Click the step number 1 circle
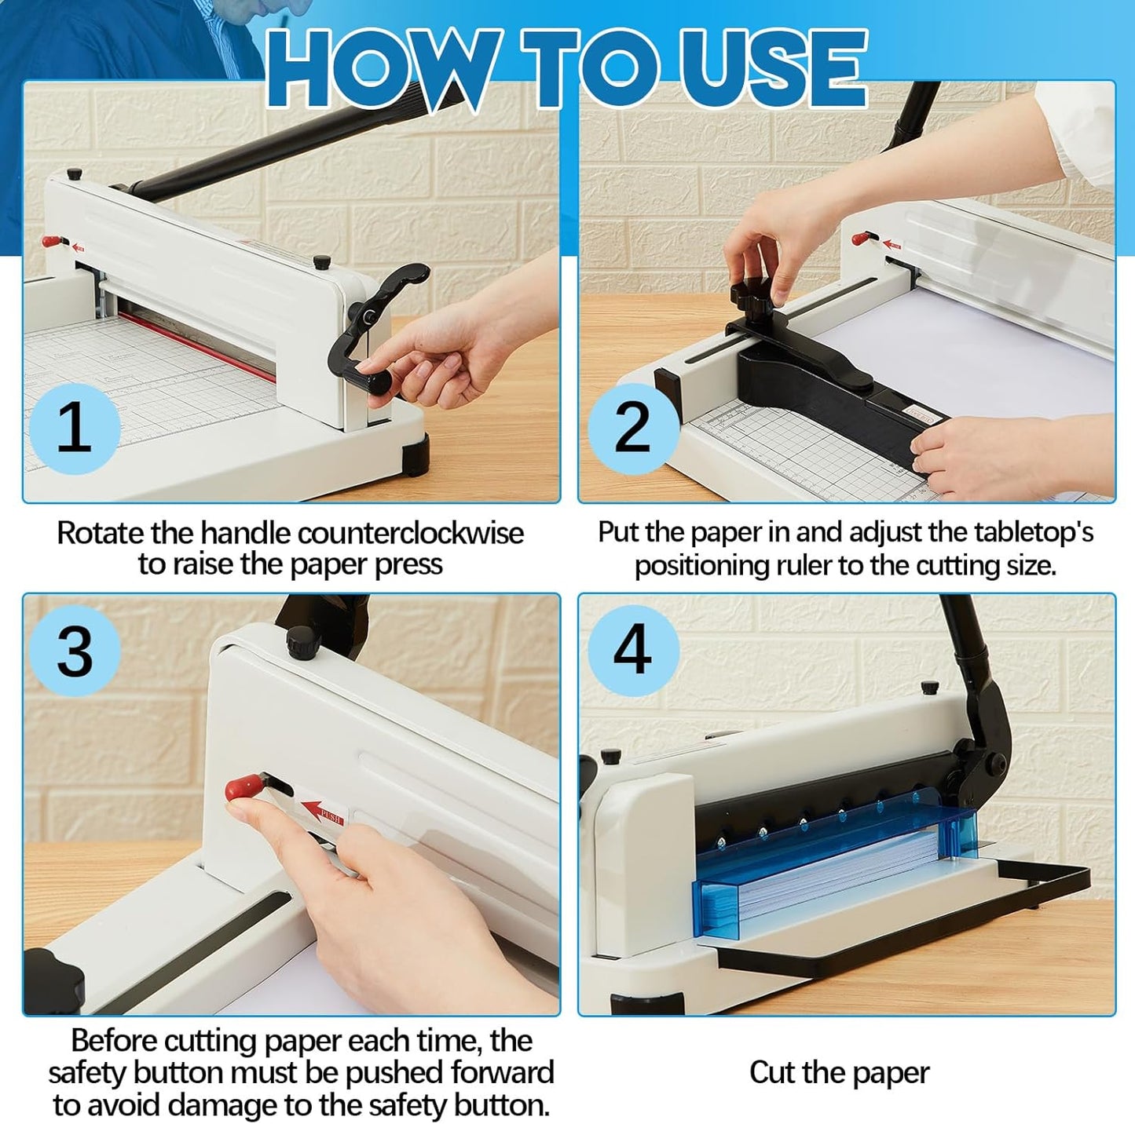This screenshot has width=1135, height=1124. pos(75,428)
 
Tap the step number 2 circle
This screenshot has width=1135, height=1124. pos(633,428)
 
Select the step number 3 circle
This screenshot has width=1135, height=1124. pos(75,651)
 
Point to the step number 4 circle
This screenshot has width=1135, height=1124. pos(633,649)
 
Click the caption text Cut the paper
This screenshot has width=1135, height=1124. pos(839,1073)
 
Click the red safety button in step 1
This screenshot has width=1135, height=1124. pos(52,241)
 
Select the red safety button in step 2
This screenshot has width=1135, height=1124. pos(865,236)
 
